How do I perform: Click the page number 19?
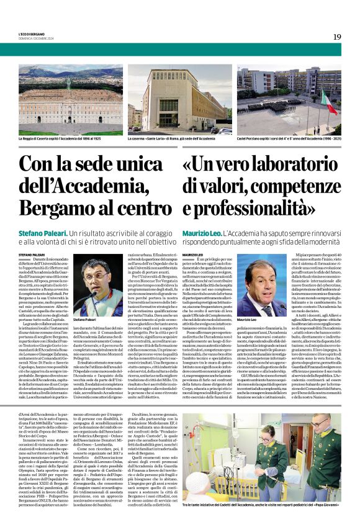[336, 37]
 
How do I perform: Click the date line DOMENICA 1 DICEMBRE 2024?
[38, 38]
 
